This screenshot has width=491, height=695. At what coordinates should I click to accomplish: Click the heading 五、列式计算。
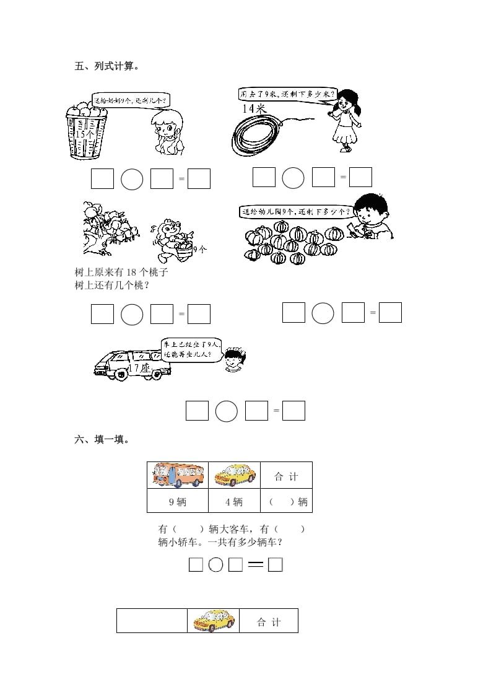[106, 66]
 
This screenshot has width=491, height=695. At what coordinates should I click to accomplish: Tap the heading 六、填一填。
[102, 440]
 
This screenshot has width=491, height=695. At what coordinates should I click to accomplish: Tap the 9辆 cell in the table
[177, 502]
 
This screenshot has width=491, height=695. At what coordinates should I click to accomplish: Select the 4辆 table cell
[235, 502]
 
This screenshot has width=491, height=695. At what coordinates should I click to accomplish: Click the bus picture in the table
[177, 476]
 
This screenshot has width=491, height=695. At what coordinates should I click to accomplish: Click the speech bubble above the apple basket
[131, 98]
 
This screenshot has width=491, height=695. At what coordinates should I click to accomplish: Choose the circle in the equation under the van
[227, 411]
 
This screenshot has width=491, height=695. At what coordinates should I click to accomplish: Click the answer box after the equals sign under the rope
[360, 178]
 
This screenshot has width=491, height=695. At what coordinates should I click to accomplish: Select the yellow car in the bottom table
[213, 620]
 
